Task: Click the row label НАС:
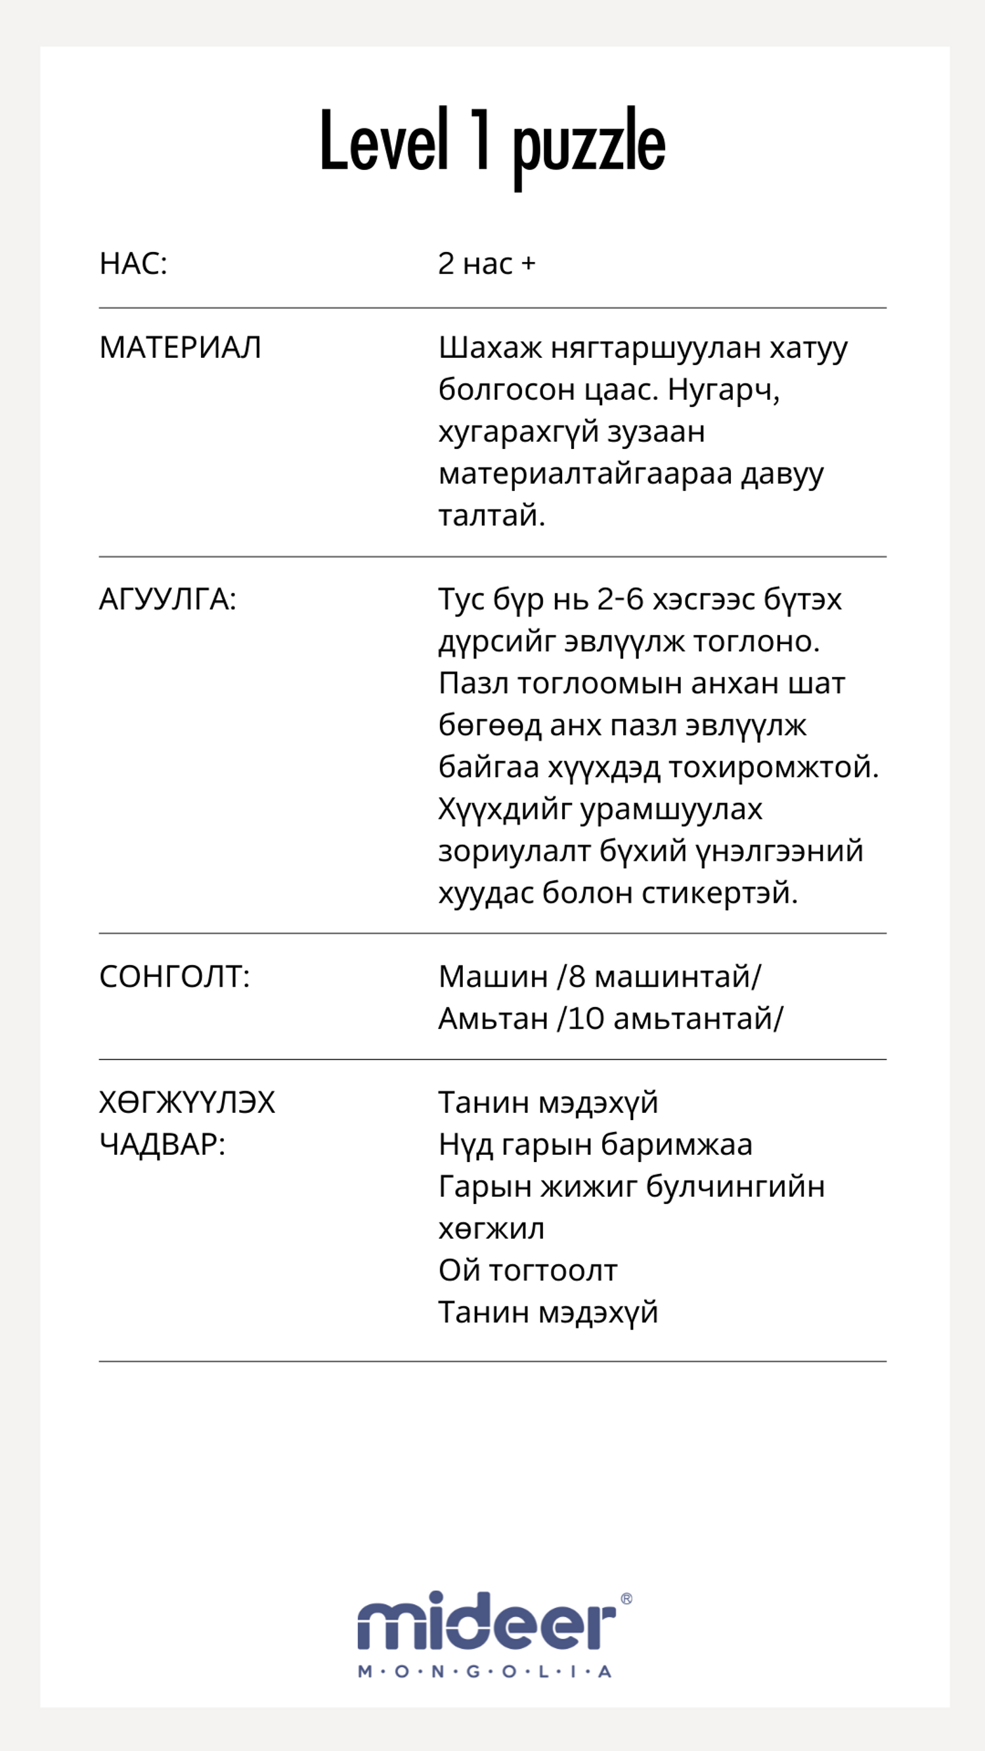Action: [x=133, y=264]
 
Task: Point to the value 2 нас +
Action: [x=487, y=264]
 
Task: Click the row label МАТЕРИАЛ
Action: [x=180, y=347]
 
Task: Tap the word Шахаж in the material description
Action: [x=489, y=347]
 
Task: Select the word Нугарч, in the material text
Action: [x=723, y=389]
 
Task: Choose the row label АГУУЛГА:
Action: [x=168, y=599]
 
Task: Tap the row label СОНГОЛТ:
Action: [x=175, y=977]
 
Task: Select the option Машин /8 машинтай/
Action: [x=600, y=977]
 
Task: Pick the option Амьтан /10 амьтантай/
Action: [x=611, y=1018]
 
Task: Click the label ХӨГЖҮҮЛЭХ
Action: [x=187, y=1102]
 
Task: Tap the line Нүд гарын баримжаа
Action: [x=596, y=1144]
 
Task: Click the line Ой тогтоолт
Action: [x=527, y=1270]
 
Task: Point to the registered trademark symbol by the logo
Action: [x=626, y=1599]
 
